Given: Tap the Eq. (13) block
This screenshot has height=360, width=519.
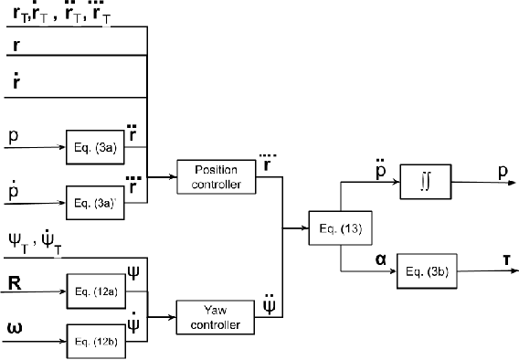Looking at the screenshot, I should [329, 227].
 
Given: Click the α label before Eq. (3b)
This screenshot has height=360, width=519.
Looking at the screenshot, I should [354, 259].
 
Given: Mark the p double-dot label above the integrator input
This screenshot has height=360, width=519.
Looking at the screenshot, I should [353, 171].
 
